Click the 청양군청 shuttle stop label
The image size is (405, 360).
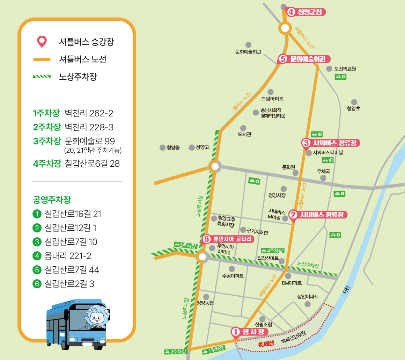pos(306,12)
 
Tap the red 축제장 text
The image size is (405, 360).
pos(266,344)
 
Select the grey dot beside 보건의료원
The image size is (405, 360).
pos(329,69)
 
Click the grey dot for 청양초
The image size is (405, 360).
pos(354,102)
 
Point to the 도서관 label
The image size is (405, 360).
pos(244,134)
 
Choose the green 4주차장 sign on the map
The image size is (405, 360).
pos(273,250)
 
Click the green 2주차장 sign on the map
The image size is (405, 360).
pos(176,351)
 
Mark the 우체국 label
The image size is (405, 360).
pos(323,171)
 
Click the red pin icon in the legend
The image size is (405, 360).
pos(42,42)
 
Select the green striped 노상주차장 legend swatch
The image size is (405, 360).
pos(42,77)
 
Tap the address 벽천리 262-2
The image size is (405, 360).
pos(89,113)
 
